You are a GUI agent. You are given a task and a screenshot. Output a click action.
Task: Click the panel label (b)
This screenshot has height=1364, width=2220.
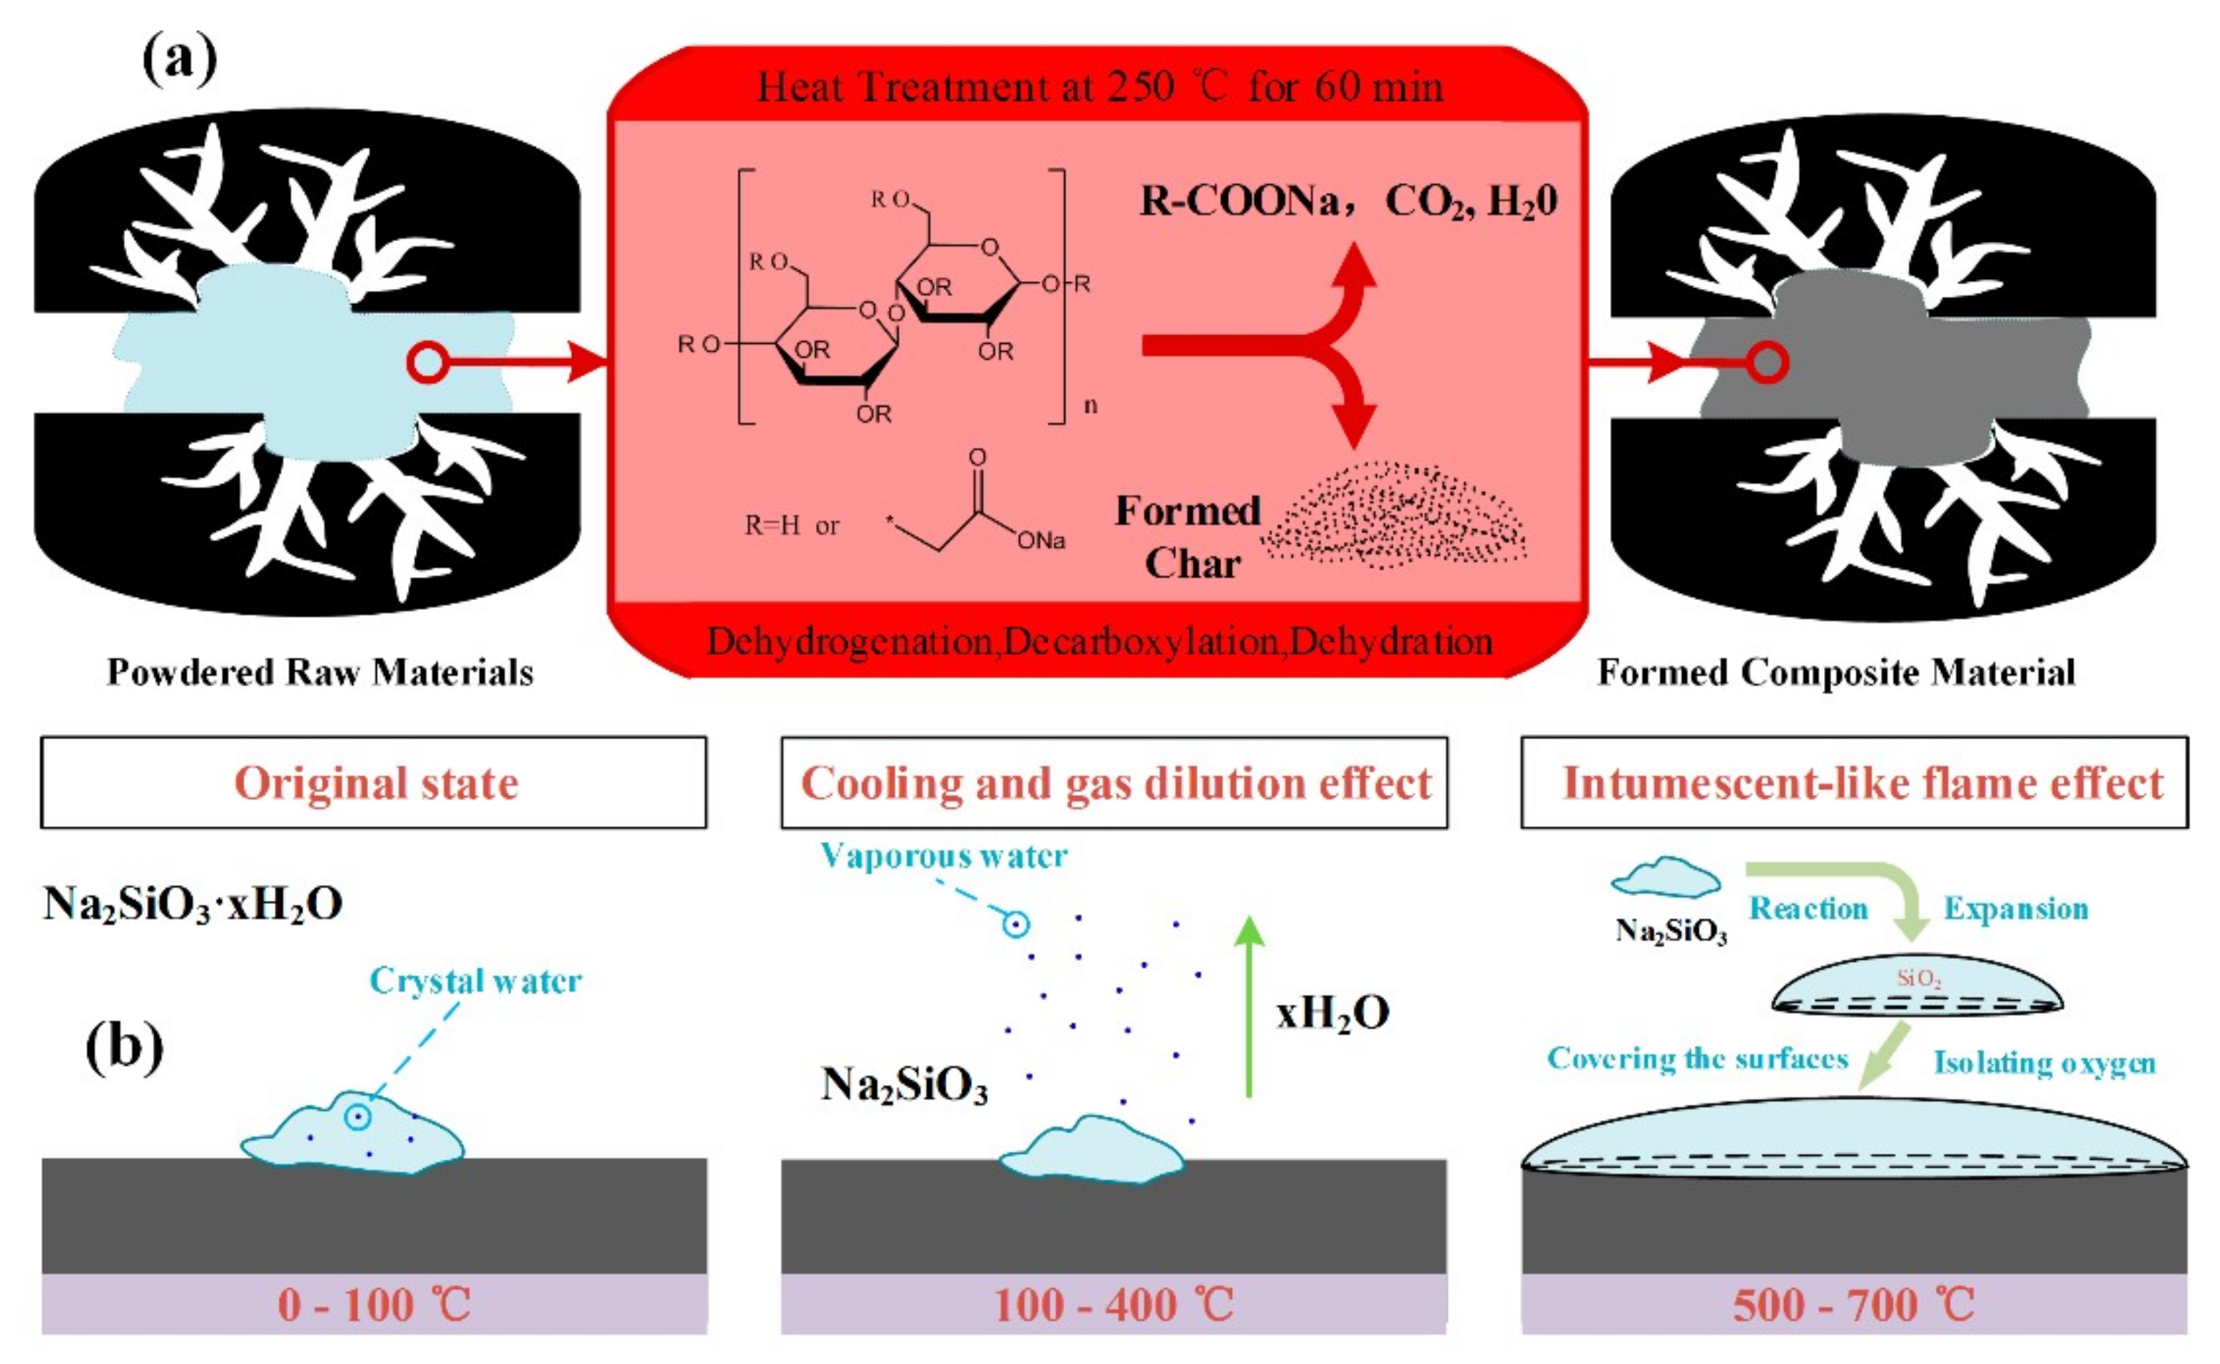125,1047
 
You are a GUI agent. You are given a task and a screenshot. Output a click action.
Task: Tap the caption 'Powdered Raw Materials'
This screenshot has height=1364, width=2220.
320,673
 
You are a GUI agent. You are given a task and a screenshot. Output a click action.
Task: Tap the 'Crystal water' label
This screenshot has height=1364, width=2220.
475,981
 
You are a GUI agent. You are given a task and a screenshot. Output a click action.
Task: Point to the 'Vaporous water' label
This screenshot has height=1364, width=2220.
944,855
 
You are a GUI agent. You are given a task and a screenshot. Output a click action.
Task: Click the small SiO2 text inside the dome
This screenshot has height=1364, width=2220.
1918,978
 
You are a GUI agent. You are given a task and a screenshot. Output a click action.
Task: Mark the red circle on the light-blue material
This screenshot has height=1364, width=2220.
427,362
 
